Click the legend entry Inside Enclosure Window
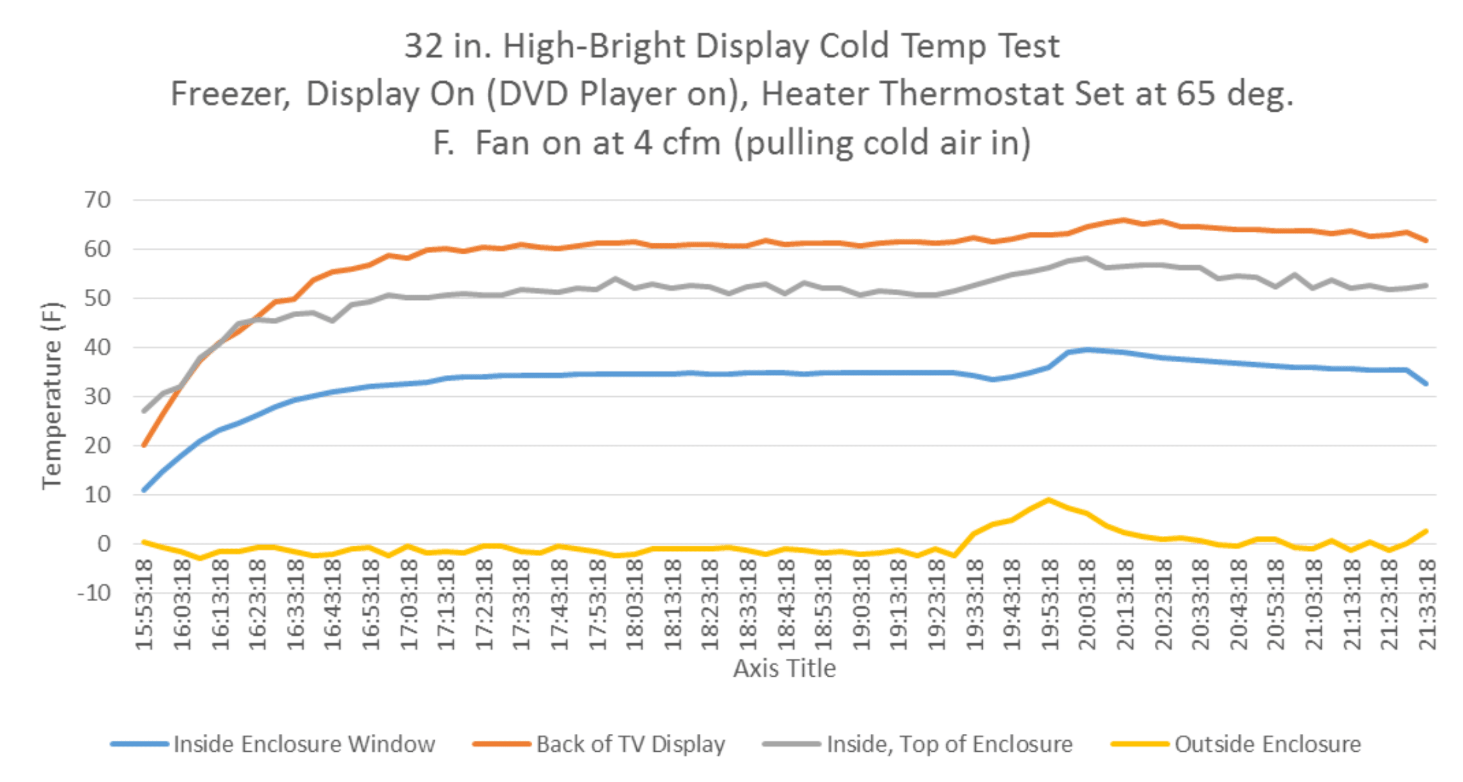(304, 744)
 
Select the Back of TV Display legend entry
(630, 744)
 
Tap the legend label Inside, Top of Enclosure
(949, 744)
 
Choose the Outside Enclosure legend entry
(1267, 744)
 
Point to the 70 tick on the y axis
(98, 200)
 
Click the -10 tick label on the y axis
(94, 593)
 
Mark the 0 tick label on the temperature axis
(104, 544)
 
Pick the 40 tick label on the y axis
(98, 347)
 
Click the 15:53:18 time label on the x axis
(145, 604)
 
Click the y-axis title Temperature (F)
(53, 396)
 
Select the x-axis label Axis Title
(784, 668)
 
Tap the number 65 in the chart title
(1195, 94)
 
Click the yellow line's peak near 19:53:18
(1049, 500)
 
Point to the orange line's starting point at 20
(144, 445)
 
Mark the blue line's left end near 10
(144, 490)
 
